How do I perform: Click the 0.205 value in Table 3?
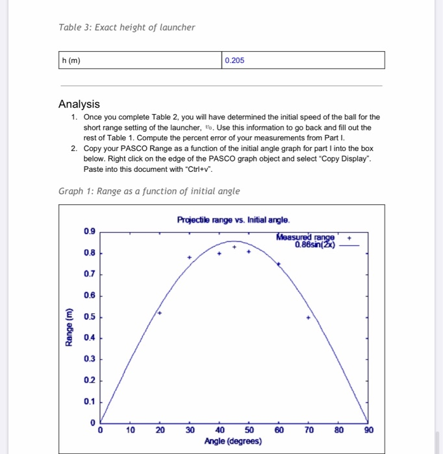pos(234,60)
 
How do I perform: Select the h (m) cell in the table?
pos(71,60)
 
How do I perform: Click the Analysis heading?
pos(79,104)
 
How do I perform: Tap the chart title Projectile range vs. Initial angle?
pos(233,220)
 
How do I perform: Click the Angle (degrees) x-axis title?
pos(233,442)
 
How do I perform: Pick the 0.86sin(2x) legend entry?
pos(314,245)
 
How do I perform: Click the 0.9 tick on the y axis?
pos(89,231)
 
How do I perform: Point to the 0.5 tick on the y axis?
pos(89,317)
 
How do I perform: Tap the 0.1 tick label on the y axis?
pos(89,401)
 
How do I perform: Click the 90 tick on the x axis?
pos(369,430)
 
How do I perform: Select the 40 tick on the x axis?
pos(220,430)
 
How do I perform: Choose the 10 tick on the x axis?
pos(131,430)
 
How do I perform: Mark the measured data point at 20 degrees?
pos(160,313)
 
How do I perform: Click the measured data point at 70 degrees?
pos(309,318)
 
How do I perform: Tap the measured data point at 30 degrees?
pos(190,258)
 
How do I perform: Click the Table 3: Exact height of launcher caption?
pos(126,27)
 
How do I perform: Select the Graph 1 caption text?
pos(149,191)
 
